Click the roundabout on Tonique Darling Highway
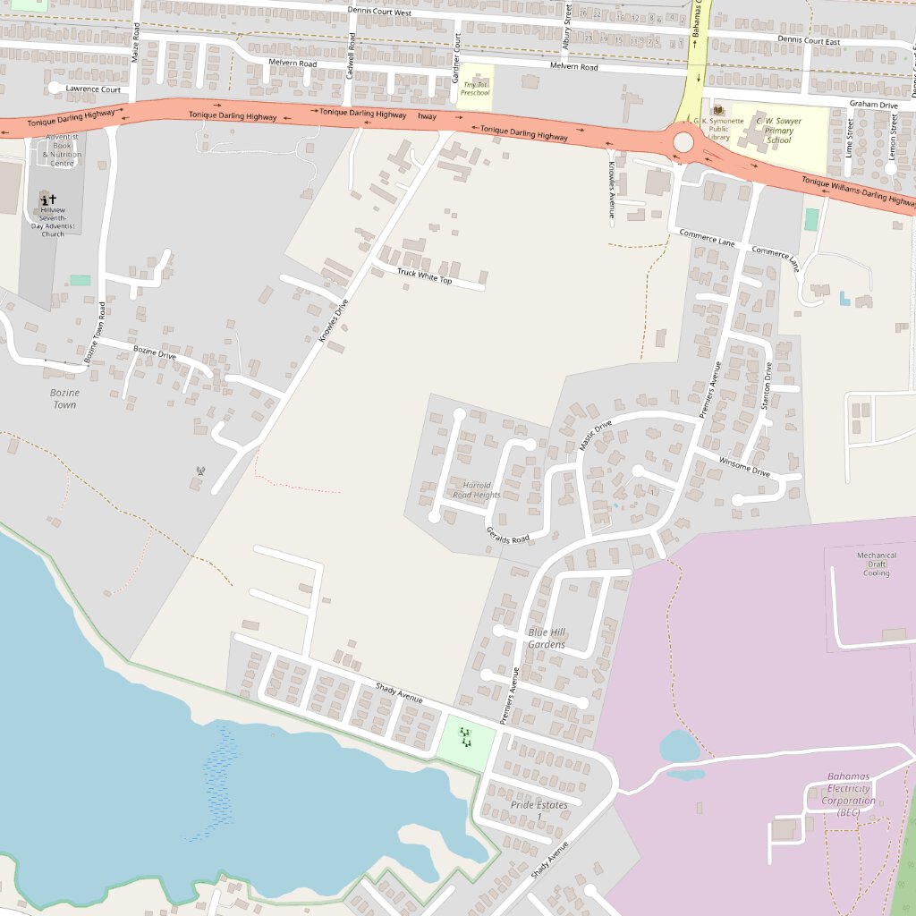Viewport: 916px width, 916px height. tap(683, 142)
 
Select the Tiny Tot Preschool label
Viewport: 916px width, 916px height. tap(475, 89)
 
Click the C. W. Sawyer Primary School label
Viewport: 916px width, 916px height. tap(774, 130)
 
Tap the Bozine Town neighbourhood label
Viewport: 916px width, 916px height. tap(64, 399)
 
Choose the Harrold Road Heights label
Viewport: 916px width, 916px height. tap(476, 489)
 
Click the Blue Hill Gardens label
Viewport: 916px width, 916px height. tap(547, 638)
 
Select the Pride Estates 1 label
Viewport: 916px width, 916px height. tap(539, 809)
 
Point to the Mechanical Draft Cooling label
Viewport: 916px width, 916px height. tap(876, 564)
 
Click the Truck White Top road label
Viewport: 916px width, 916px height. tap(425, 276)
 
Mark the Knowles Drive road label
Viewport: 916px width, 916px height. tap(334, 320)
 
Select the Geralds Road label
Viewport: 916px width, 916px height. tap(508, 534)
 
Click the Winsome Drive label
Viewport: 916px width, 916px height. tap(744, 467)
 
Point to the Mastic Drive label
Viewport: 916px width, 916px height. tap(595, 435)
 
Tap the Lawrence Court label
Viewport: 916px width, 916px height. tap(93, 89)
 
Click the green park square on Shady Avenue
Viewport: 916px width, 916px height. tap(466, 738)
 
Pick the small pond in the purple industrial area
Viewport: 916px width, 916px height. tap(679, 746)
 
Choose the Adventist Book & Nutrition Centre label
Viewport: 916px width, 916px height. tap(62, 150)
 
